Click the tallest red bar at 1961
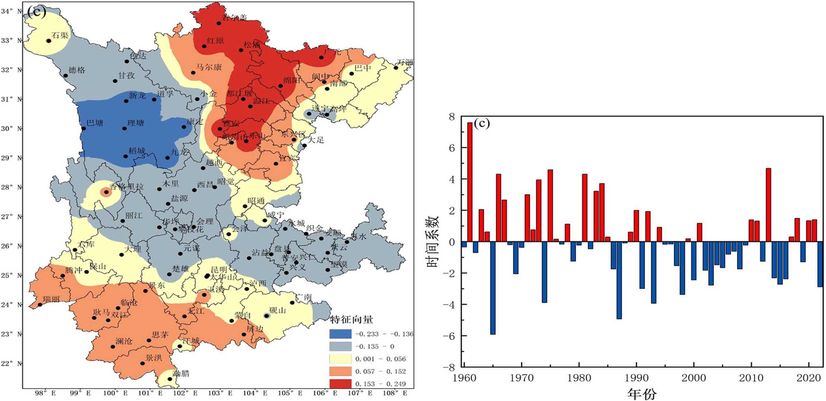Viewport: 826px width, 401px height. (x=470, y=182)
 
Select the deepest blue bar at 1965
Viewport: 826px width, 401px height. (x=493, y=288)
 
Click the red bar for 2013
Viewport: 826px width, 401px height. (x=768, y=205)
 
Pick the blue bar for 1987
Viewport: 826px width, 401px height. (x=619, y=280)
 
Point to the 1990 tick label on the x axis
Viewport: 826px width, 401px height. (x=636, y=377)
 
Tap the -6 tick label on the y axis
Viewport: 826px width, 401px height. (x=449, y=336)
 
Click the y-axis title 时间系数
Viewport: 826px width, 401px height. (x=432, y=241)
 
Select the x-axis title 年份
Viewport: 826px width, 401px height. (x=641, y=394)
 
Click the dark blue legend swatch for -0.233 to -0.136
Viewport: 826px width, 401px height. (x=340, y=334)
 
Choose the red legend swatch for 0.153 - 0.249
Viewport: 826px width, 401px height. (x=340, y=384)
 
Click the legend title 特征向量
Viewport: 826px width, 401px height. (x=351, y=320)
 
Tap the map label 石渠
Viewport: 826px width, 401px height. (x=60, y=36)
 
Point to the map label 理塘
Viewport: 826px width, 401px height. (x=135, y=123)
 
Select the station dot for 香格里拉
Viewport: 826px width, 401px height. (x=106, y=192)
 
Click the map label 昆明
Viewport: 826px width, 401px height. (x=219, y=270)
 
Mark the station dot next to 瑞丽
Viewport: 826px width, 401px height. (x=40, y=305)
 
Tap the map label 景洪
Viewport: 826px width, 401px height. (x=154, y=358)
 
